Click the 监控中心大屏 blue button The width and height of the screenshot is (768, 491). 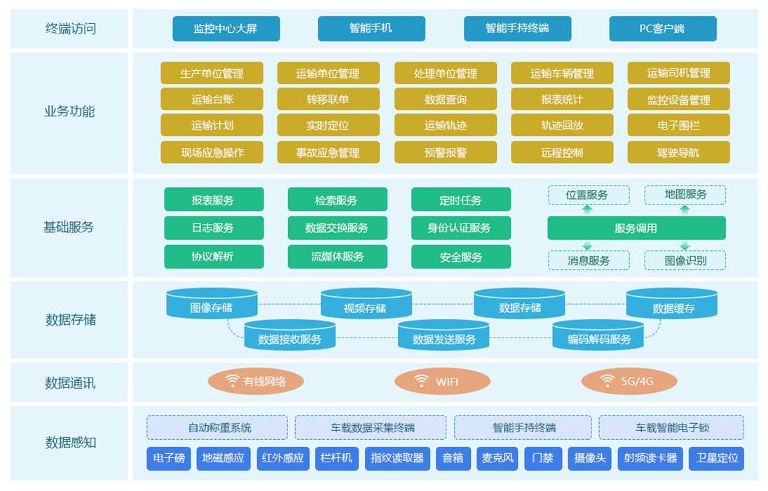pyautogui.click(x=226, y=29)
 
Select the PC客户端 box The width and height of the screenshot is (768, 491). pyautogui.click(x=662, y=29)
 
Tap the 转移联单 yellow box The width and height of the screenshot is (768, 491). pyautogui.click(x=328, y=99)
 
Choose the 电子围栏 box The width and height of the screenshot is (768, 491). pyautogui.click(x=678, y=125)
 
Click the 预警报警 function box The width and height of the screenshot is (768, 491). pyautogui.click(x=445, y=152)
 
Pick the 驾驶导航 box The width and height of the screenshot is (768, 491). pyautogui.click(x=678, y=152)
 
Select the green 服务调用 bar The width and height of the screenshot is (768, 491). pyautogui.click(x=636, y=228)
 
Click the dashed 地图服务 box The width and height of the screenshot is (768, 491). pyautogui.click(x=685, y=195)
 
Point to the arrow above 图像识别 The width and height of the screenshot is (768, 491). pyautogui.click(x=685, y=246)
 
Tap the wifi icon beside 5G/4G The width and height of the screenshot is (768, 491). pyautogui.click(x=608, y=381)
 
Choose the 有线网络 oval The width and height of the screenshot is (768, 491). pyautogui.click(x=256, y=382)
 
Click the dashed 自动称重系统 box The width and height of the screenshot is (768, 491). pyautogui.click(x=217, y=427)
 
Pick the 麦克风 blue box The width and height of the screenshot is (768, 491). pyautogui.click(x=498, y=458)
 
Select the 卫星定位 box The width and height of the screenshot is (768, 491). pyautogui.click(x=716, y=458)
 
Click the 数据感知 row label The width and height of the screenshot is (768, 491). pyautogui.click(x=71, y=443)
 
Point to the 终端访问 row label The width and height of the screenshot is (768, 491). pyautogui.click(x=70, y=29)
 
